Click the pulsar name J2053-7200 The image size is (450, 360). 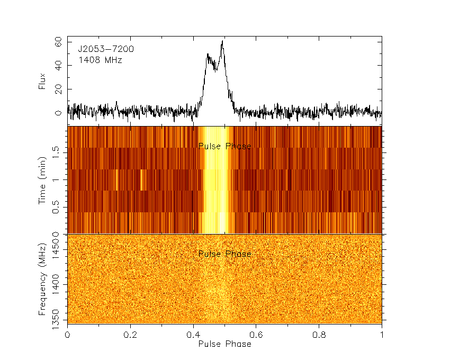tap(106, 49)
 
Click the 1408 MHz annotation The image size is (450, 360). tap(100, 60)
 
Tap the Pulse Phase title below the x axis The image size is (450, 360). tap(224, 344)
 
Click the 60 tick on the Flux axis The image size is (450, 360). tap(58, 41)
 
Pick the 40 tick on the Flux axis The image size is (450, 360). tap(58, 65)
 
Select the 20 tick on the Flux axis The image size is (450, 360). tap(58, 89)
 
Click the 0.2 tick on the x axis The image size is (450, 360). tap(130, 335)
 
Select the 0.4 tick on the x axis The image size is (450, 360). tap(193, 335)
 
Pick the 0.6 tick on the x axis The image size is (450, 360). tap(256, 335)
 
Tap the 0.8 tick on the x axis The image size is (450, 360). tap(319, 335)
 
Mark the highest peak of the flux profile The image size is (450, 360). tap(223, 41)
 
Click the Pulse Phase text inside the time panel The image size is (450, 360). tap(224, 146)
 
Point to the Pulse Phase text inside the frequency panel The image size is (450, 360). tap(224, 254)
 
